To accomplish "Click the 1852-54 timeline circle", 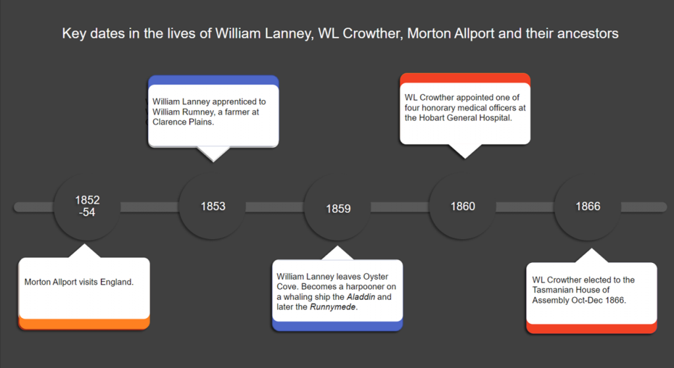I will coord(87,206).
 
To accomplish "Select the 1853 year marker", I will coord(213,206).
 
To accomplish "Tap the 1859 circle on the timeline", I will coord(338,208).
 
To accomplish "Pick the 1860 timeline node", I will coord(462,206).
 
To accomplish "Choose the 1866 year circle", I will coord(588,206).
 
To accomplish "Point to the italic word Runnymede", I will coord(333,308).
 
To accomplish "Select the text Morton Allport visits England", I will coord(79,282).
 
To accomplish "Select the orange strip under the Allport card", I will coord(84,323).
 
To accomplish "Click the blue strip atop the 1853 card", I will coord(213,80).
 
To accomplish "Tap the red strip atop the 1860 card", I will coord(465,78).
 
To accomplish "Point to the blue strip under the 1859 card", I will coord(337,326).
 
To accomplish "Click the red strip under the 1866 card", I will coord(591,328).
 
